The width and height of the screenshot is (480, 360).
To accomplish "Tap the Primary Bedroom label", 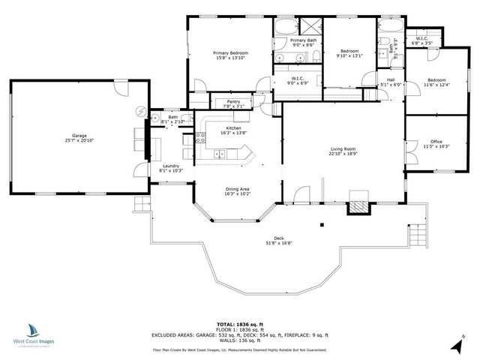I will click(x=230, y=53).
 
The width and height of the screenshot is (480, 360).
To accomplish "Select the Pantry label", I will click(x=232, y=102).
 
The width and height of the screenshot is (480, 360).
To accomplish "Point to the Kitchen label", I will click(x=232, y=127).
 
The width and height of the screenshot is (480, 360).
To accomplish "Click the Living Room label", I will click(x=343, y=149).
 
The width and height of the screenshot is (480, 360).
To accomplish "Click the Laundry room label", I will click(x=169, y=165).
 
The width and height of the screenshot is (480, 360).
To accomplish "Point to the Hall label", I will click(x=390, y=79).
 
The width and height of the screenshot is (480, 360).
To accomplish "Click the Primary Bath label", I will click(x=304, y=40).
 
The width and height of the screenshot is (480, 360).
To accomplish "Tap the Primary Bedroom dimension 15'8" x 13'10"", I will click(x=230, y=58).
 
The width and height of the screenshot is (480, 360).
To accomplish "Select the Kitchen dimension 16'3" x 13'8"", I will click(x=232, y=133).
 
